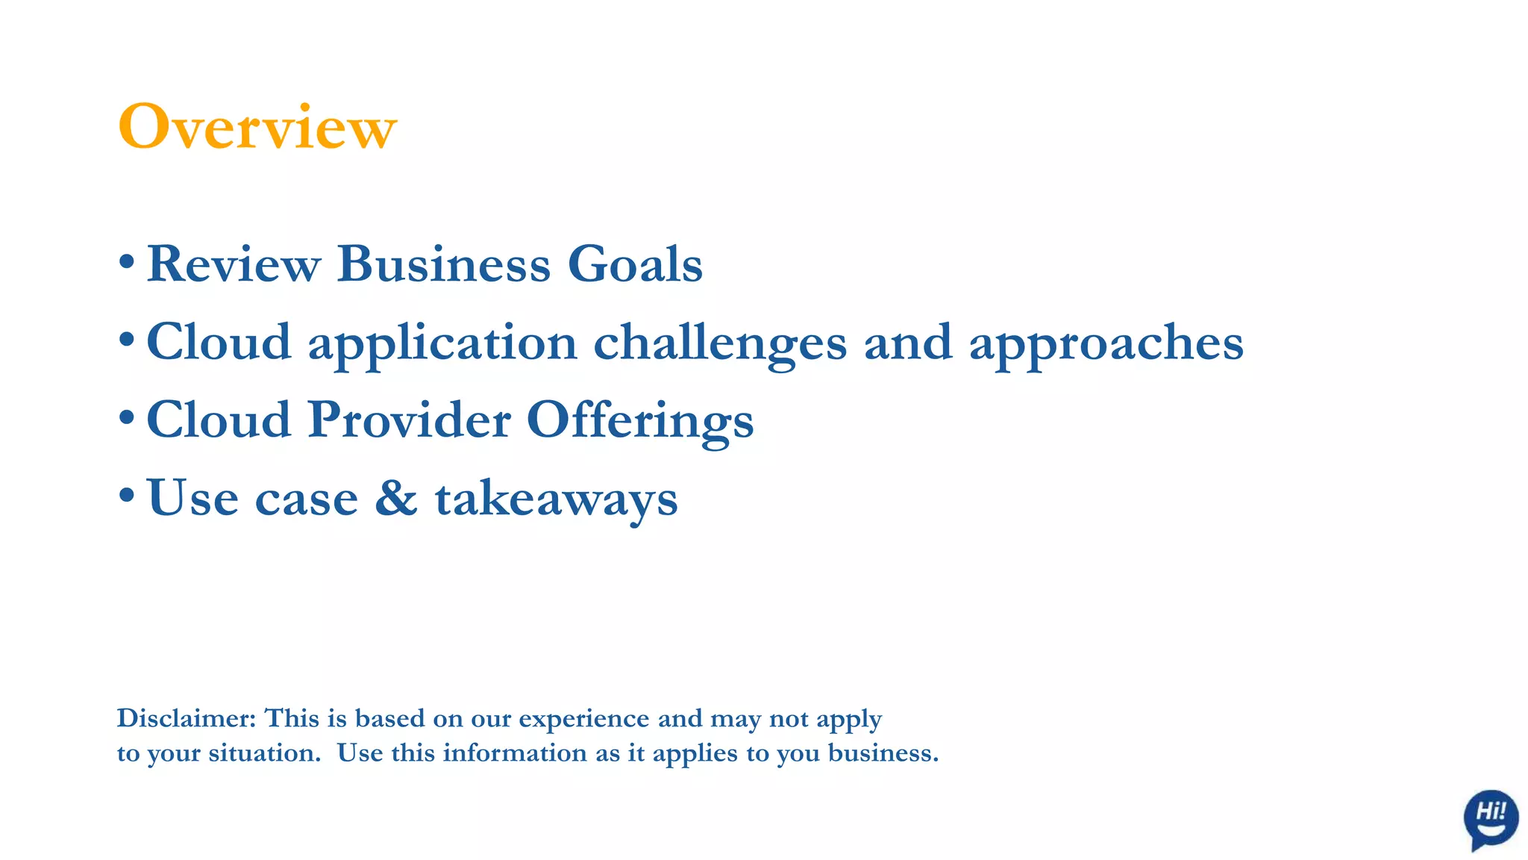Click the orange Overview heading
[257, 127]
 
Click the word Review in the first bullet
[234, 264]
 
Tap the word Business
[444, 264]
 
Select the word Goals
[635, 264]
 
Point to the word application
[442, 343]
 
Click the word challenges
[720, 343]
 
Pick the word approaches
[1106, 343]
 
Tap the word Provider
[410, 420]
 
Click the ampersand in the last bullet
[396, 497]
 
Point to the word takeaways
[557, 499]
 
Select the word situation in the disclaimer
[265, 752]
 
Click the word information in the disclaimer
[515, 752]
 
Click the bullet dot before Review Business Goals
[126, 262]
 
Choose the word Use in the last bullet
[192, 497]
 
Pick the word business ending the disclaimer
[883, 752]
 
